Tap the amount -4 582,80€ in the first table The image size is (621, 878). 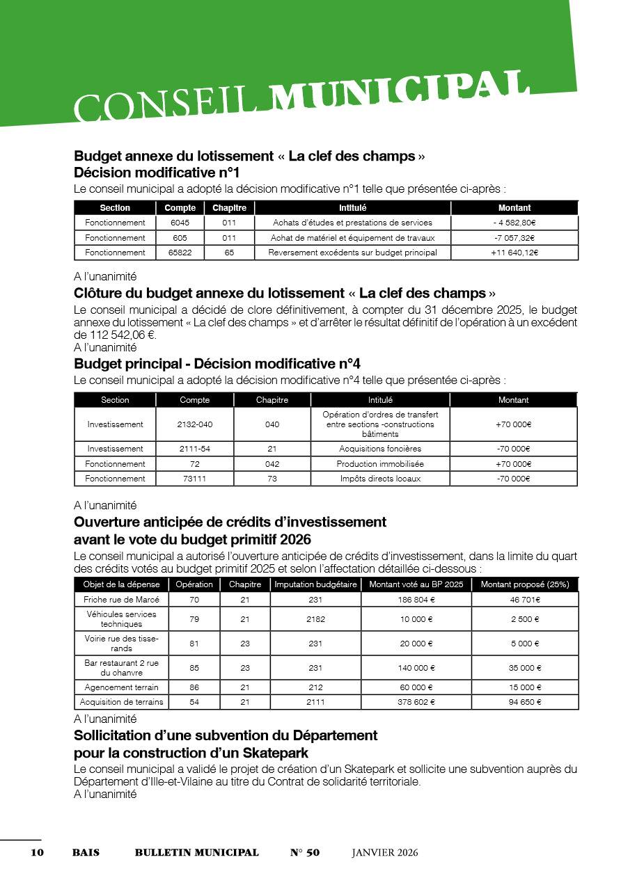pos(514,223)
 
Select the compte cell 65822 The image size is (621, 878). pos(180,253)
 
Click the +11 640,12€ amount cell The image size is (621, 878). pos(514,253)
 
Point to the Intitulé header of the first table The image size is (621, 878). pos(352,208)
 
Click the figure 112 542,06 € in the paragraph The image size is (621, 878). pos(115,335)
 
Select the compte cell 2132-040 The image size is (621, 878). pos(194,424)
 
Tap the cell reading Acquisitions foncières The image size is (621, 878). pos(379,449)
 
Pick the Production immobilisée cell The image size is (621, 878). pos(379,464)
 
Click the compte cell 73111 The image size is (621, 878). pos(194,479)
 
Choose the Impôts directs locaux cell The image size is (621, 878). pos(379,479)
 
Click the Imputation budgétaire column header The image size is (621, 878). pos(315,584)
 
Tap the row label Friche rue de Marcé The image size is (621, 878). pos(121,600)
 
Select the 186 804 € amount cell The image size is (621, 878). pos(416,600)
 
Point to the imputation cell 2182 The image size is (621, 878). pos(315,619)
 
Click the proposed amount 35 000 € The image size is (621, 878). pos(524,668)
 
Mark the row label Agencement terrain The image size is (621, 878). pos(121,687)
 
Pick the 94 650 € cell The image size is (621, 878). pos(524,702)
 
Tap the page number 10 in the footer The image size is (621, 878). pos(37,853)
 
